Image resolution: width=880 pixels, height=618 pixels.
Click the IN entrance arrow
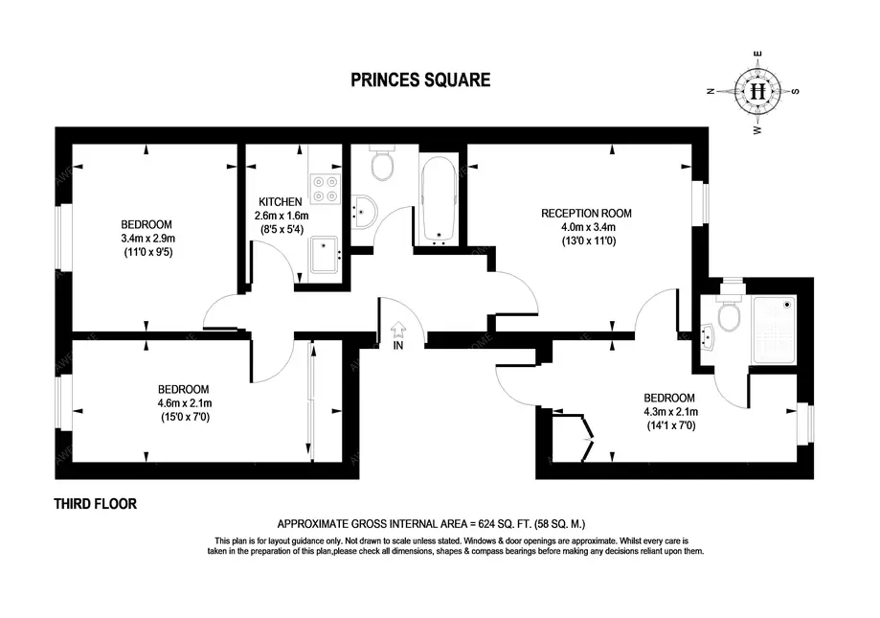pos(398,332)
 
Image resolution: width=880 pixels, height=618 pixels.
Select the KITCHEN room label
pos(281,202)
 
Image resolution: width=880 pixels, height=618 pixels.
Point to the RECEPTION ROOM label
pos(586,213)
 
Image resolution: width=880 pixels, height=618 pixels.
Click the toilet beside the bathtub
pos(382,166)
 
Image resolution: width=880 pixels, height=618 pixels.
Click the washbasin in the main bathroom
pos(363,214)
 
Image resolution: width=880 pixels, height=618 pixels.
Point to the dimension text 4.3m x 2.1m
pos(669,411)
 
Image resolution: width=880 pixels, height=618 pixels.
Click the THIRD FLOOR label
pos(95,504)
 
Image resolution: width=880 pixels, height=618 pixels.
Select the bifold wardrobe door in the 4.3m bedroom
pos(588,440)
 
